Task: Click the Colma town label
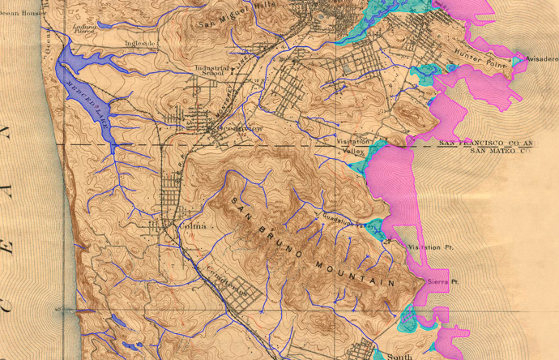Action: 187,225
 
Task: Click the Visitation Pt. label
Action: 428,246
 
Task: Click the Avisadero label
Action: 541,59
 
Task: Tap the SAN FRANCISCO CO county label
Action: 494,143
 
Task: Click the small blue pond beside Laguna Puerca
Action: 105,25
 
